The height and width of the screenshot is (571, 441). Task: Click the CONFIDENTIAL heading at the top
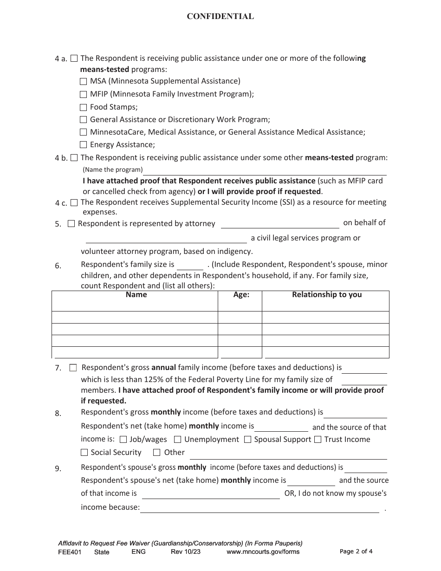[x=220, y=17]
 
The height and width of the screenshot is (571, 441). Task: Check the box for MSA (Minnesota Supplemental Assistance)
[x=84, y=81]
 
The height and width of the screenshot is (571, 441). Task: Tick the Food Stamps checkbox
[x=84, y=107]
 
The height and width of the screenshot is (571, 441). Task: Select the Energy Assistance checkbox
[x=84, y=145]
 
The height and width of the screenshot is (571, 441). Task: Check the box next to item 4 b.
[x=74, y=158]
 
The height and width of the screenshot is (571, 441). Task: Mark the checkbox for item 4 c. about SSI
[x=74, y=202]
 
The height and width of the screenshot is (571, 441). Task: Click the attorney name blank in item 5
[x=279, y=224]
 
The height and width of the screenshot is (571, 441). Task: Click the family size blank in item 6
[x=190, y=265]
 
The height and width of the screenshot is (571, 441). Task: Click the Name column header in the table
[x=136, y=295]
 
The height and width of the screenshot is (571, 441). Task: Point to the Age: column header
[x=241, y=295]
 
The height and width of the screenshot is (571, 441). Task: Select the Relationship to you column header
[x=326, y=295]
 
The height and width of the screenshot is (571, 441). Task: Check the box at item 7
[x=73, y=368]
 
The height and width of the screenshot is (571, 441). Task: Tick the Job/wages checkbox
[x=123, y=440]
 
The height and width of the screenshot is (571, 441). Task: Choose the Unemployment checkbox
[x=177, y=440]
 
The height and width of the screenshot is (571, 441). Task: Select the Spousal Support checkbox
[x=247, y=440]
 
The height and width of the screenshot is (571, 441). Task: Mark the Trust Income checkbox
[x=318, y=440]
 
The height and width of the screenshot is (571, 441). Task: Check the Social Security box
[x=84, y=453]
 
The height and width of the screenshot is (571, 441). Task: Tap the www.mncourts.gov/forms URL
[x=263, y=552]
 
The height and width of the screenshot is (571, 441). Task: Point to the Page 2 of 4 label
[x=356, y=552]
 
